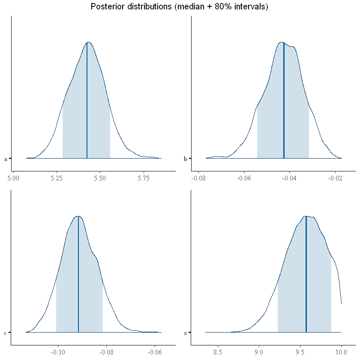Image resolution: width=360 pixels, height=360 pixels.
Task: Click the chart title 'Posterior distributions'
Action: point(179,7)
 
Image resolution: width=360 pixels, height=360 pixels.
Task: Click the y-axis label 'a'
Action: point(5,159)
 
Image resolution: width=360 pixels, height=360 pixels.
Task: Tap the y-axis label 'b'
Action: point(185,159)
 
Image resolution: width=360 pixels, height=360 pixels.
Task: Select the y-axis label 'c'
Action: point(5,333)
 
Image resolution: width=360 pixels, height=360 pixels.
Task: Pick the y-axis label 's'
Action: point(185,333)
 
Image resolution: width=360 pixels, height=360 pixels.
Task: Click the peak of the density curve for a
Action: point(88,42)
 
